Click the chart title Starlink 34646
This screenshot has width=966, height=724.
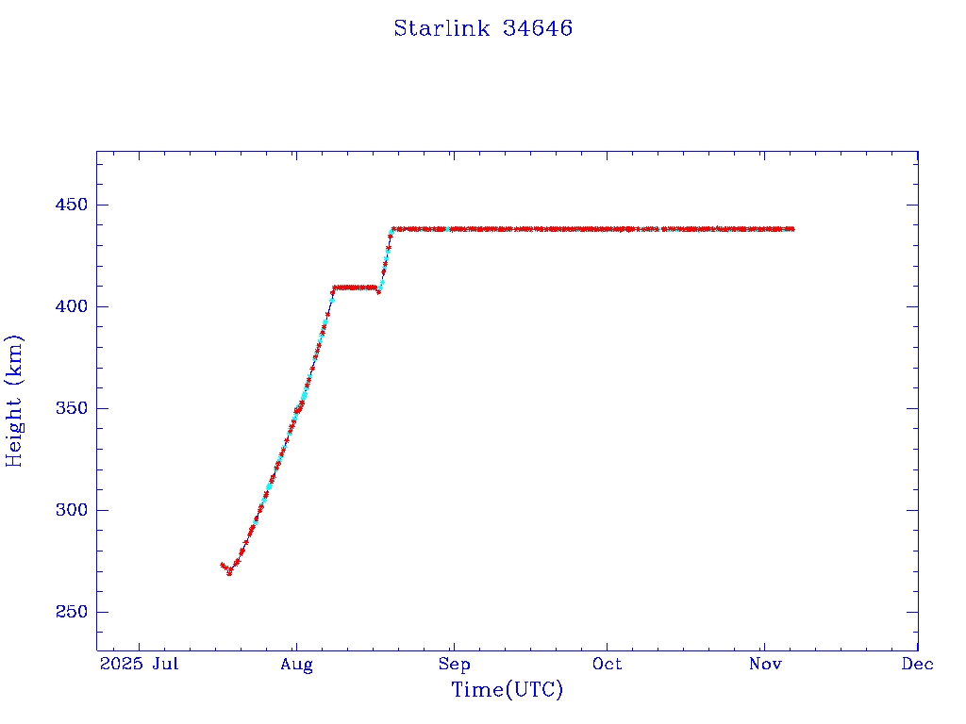pyautogui.click(x=483, y=28)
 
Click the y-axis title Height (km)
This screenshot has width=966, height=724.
pyautogui.click(x=15, y=401)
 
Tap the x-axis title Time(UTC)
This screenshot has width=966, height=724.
pyautogui.click(x=507, y=690)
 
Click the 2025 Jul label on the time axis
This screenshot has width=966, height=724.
pyautogui.click(x=140, y=665)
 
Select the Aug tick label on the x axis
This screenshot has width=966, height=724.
pyautogui.click(x=296, y=665)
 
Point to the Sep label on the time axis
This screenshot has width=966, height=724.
pyautogui.click(x=454, y=665)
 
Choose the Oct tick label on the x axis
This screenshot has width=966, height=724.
pyautogui.click(x=607, y=665)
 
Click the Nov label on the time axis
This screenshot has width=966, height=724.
pyautogui.click(x=764, y=665)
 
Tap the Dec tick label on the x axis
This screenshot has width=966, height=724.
pyautogui.click(x=917, y=665)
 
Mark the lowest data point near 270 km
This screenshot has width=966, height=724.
pyautogui.click(x=229, y=572)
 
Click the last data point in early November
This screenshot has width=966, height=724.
pyautogui.click(x=792, y=229)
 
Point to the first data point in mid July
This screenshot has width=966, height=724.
pyautogui.click(x=222, y=565)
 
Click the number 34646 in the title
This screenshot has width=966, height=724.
pyautogui.click(x=538, y=28)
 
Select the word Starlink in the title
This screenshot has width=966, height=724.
pyautogui.click(x=441, y=28)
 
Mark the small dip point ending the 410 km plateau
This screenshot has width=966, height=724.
pyautogui.click(x=378, y=291)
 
